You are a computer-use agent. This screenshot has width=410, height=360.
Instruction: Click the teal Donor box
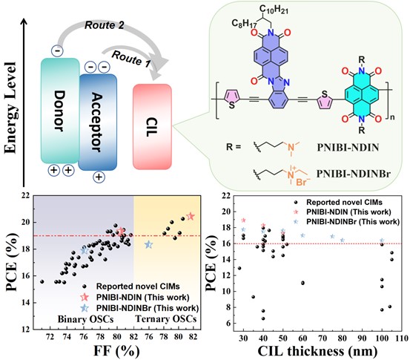click(60, 111)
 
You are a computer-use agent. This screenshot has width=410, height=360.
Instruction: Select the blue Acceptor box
click(98, 122)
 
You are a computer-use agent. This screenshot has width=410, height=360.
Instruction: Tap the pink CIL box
click(152, 127)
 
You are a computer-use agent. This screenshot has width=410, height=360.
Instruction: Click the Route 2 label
click(105, 25)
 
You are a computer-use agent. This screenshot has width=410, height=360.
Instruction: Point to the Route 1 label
click(131, 59)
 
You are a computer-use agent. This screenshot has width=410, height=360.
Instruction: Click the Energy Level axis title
click(10, 108)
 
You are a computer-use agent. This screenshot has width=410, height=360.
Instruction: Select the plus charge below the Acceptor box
click(99, 177)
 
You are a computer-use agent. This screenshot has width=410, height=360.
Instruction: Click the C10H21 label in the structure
click(274, 10)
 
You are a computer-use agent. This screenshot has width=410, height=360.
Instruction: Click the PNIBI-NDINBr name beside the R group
click(354, 174)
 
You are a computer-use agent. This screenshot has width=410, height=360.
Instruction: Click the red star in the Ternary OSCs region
click(191, 217)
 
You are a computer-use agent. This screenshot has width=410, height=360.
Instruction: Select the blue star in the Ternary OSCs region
click(148, 244)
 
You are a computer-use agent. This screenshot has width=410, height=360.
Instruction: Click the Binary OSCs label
click(85, 319)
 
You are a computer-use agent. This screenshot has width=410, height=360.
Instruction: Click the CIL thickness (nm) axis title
click(318, 351)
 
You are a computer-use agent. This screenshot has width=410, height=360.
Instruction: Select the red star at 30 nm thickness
click(243, 220)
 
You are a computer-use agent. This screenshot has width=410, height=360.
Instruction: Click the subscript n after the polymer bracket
click(392, 117)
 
